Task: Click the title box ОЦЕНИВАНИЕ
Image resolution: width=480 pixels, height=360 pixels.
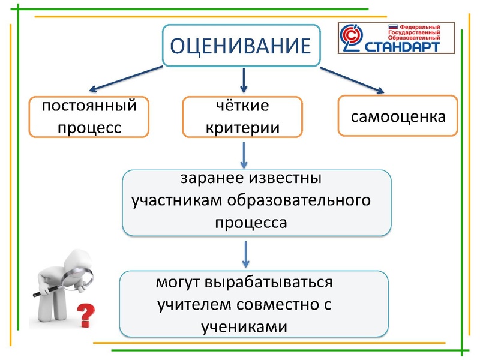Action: click(x=241, y=46)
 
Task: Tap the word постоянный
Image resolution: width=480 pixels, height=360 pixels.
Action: click(x=89, y=107)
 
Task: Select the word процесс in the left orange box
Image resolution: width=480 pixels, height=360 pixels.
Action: click(x=89, y=127)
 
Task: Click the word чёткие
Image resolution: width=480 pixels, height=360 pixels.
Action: click(x=242, y=107)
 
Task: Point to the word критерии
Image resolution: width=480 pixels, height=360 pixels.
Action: click(x=242, y=127)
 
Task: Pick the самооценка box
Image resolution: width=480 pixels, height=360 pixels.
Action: click(x=398, y=116)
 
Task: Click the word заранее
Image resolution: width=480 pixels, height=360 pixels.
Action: click(x=211, y=179)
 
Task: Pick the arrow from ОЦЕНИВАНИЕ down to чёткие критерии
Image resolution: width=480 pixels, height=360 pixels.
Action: click(x=244, y=79)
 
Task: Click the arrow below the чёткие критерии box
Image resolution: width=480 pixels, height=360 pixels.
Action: click(x=244, y=155)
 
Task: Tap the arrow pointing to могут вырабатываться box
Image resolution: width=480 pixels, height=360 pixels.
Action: click(x=245, y=254)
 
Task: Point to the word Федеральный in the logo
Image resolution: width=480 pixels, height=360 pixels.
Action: click(x=420, y=28)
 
